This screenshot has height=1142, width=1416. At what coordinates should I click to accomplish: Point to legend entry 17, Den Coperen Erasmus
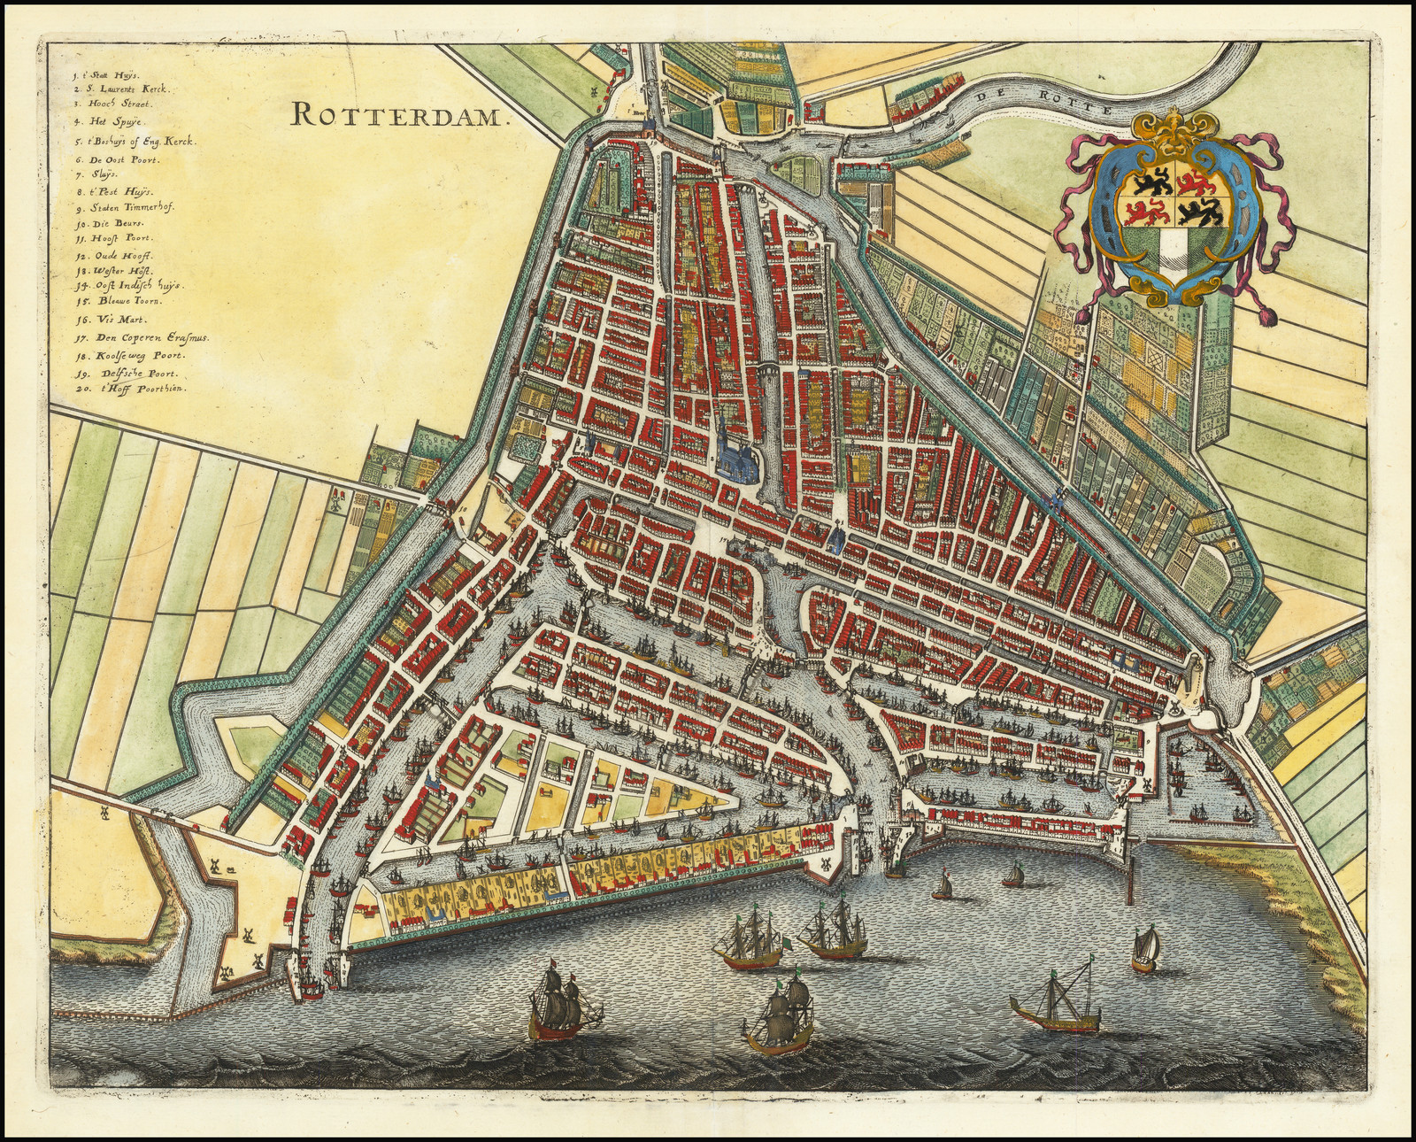(x=140, y=337)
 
